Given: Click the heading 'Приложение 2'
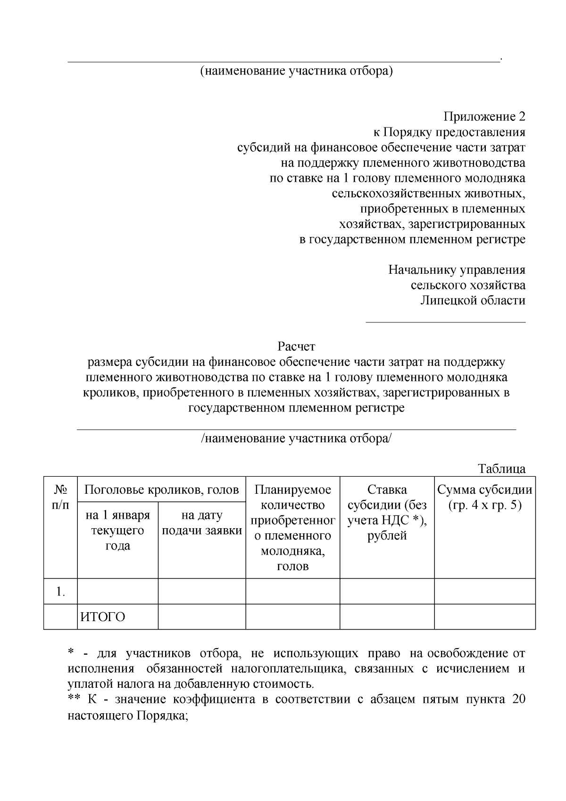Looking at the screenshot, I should click(484, 117).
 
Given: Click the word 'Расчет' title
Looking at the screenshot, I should click(296, 347).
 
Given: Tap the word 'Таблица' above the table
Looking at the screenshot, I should click(502, 469).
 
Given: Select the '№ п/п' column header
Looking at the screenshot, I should click(60, 497).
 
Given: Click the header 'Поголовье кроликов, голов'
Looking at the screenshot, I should click(161, 490).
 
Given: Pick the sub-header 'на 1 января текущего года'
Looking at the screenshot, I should click(117, 531).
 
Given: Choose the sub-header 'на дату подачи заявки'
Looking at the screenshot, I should click(202, 523).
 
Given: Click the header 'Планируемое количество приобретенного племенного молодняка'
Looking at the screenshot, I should click(292, 528).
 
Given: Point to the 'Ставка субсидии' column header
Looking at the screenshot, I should click(387, 513).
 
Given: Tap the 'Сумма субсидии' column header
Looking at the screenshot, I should click(485, 497).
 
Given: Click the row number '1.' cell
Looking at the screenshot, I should click(60, 592).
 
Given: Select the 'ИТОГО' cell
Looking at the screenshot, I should click(103, 617).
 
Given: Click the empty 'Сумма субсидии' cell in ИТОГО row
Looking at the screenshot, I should click(485, 617).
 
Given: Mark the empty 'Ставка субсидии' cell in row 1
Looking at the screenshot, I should click(387, 591).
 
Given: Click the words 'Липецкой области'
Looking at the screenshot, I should click(473, 301).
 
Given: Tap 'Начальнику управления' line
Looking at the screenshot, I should click(457, 270).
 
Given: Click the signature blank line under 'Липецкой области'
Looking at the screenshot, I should click(446, 322).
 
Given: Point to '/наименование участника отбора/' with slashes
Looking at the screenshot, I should click(296, 438).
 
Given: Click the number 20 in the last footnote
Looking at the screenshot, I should click(518, 700).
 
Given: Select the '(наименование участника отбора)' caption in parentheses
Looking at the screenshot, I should click(296, 71).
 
